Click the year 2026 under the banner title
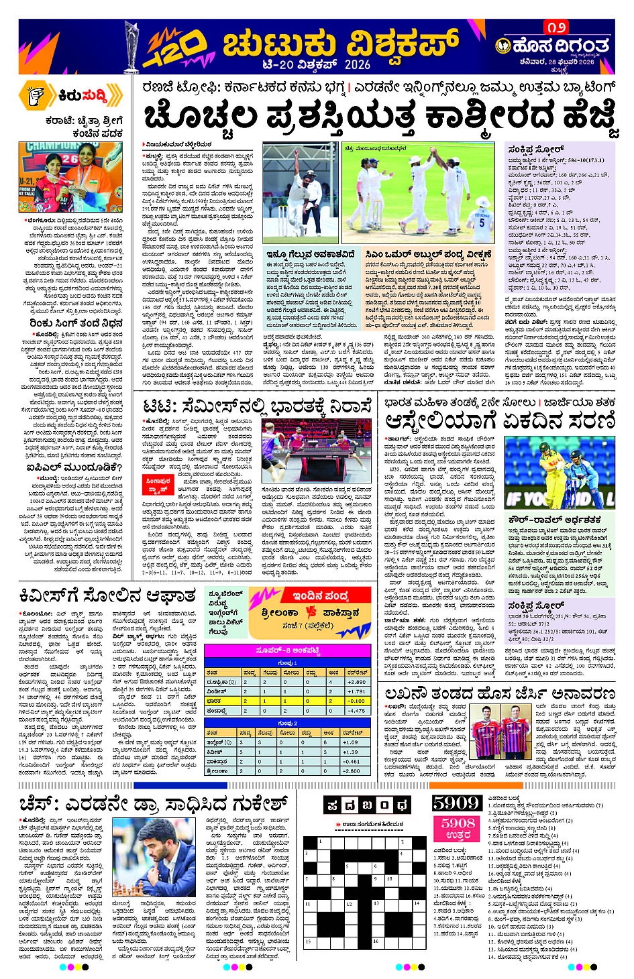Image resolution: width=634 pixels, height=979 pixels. pos(358,64)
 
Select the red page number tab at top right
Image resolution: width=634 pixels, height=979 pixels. pos(556,27)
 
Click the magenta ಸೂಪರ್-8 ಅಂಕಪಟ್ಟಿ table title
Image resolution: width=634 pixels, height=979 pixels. pos(287,651)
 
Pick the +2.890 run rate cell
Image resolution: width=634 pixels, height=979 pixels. pos(356,681)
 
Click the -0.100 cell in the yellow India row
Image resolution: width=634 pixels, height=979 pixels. pos(356,701)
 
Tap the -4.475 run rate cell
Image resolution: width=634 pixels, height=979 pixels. pos(356,710)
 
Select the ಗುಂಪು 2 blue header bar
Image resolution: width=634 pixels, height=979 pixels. pos(287,723)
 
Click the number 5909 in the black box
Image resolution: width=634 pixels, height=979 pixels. pos(456,803)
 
